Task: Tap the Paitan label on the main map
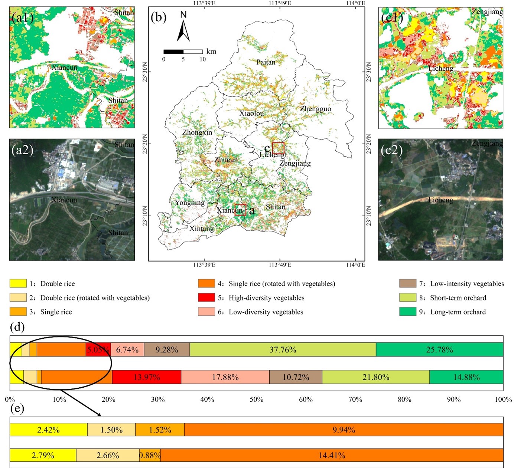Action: pos(266,62)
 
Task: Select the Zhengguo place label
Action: pos(315,109)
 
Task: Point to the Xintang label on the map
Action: pos(201,229)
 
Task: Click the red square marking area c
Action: pos(278,148)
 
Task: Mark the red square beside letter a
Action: pos(240,210)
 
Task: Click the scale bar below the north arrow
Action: pos(183,52)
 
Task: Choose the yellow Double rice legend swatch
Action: pos(18,284)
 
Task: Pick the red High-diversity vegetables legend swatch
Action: pos(206,298)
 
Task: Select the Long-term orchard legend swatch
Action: pos(407,312)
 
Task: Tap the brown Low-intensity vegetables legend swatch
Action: pos(407,284)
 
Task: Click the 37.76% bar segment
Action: pos(283,350)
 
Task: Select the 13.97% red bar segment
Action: pos(146,377)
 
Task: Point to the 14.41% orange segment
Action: pos(332,455)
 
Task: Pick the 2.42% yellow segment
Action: pos(48,430)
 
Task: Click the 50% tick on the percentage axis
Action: pos(256,400)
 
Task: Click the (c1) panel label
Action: pos(392,18)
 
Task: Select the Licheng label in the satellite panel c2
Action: pos(440,200)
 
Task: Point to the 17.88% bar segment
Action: pos(225,377)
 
